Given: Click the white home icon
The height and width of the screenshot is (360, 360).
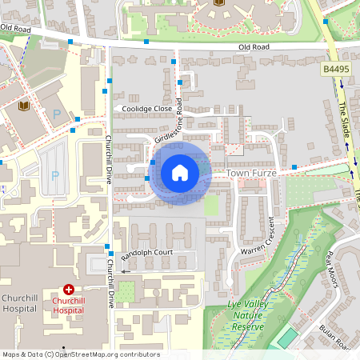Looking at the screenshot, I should point(180,173).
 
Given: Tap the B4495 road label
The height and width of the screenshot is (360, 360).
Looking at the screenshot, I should point(338,70).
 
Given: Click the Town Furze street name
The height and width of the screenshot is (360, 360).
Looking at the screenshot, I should point(250,172).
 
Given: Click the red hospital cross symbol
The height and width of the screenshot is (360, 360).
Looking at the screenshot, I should point(69,289).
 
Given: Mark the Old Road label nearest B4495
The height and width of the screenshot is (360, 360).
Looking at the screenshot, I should point(254,47).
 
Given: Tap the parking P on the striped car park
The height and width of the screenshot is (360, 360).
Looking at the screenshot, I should point(55,176).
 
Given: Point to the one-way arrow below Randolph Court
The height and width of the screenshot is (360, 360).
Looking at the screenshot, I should point(125,271).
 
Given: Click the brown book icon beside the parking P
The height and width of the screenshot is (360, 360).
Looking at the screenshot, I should point(23,105).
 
